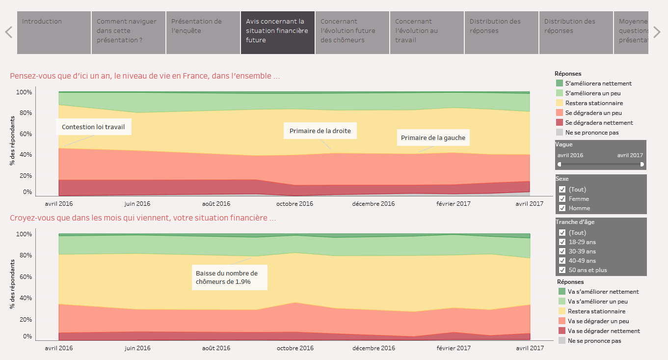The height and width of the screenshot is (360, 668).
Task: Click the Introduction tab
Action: [54, 32]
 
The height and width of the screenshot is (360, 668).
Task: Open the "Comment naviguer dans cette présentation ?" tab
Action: [128, 32]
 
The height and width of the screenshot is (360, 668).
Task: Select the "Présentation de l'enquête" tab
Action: [203, 32]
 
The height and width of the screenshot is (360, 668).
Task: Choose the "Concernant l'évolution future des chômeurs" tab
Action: [352, 32]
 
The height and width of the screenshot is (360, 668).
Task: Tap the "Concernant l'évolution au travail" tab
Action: [427, 32]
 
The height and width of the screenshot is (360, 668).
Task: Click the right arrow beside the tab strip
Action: [657, 32]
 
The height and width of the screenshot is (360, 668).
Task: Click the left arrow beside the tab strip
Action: [8, 32]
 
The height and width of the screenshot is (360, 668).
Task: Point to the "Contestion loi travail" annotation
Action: [93, 127]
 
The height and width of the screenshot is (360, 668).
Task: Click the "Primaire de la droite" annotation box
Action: [320, 131]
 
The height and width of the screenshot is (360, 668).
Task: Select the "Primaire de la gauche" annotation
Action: [433, 138]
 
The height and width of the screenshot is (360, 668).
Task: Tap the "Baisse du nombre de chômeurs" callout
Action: [229, 277]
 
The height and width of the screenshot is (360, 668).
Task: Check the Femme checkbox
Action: [562, 199]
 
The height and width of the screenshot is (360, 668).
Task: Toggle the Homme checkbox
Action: [562, 208]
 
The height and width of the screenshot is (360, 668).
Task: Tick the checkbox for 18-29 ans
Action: [562, 242]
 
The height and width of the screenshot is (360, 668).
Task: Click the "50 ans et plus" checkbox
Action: [562, 270]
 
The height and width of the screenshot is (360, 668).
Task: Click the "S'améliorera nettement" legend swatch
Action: [560, 83]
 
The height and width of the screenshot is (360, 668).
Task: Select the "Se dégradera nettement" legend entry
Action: [599, 123]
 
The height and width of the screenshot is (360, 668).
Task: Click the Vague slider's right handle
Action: [642, 164]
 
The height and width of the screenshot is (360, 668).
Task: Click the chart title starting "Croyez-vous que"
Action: [143, 218]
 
